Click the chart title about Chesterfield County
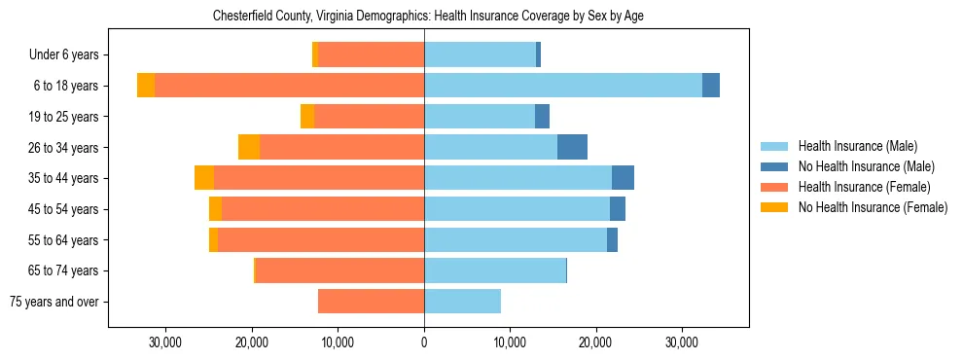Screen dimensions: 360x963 428,16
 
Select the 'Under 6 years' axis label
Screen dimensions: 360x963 69,55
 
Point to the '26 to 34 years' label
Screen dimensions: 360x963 66,148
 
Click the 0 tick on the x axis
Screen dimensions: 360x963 424,342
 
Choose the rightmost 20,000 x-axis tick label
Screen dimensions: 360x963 595,342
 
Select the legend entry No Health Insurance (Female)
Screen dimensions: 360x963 873,207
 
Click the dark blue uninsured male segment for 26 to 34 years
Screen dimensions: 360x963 572,147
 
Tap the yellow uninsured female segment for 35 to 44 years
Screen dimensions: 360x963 204,178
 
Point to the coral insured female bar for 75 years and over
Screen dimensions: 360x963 371,302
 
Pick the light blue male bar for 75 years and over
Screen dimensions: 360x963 462,302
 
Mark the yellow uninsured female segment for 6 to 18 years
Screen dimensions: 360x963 146,86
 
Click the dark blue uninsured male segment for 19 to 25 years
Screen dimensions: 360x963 542,117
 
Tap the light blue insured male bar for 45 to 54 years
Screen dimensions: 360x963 517,209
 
